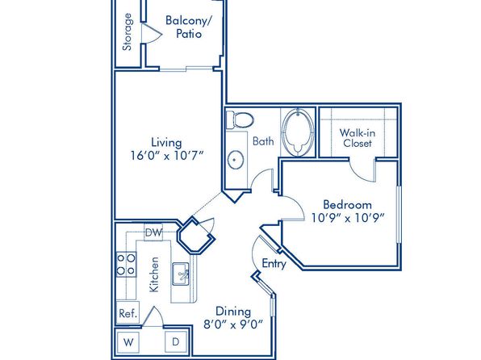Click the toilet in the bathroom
(240, 120)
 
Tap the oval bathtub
(298, 132)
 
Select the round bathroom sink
(236, 160)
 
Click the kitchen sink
(181, 274)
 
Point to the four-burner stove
(126, 265)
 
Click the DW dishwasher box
(153, 232)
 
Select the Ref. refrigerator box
(128, 312)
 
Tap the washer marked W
(128, 342)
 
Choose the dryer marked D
(176, 342)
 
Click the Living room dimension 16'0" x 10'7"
(167, 156)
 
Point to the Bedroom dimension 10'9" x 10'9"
(348, 218)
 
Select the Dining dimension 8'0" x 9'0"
(233, 324)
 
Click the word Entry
(274, 264)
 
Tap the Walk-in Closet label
(358, 138)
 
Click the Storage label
(128, 32)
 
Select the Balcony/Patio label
(189, 27)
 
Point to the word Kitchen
(154, 274)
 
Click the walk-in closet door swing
(362, 170)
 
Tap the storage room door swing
(152, 32)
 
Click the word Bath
(263, 141)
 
